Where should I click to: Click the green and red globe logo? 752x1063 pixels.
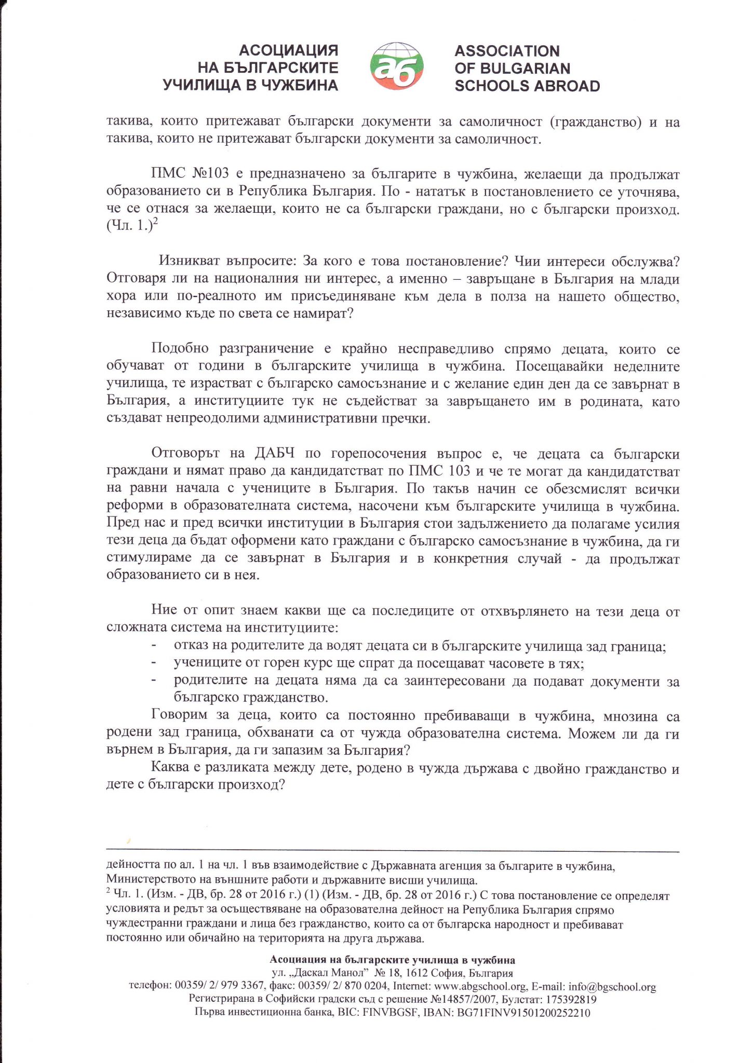click(396, 67)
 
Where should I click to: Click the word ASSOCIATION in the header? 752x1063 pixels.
click(507, 51)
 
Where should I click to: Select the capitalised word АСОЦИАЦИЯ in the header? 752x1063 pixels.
click(288, 50)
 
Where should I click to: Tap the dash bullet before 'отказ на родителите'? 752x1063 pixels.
click(154, 646)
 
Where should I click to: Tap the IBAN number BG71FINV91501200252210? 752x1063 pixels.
click(522, 1012)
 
